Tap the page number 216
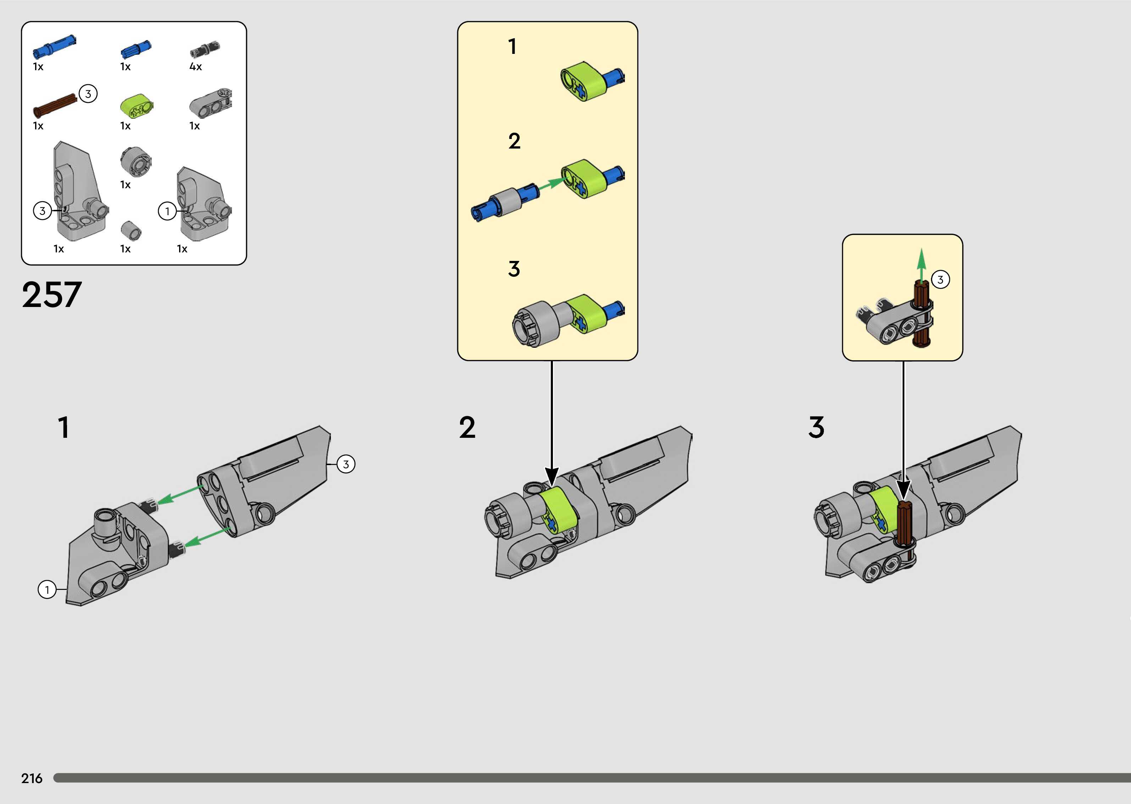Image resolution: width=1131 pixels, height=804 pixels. coord(32,778)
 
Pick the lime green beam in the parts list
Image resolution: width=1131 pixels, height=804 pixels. coord(136,105)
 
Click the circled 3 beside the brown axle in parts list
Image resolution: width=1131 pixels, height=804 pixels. coord(88,94)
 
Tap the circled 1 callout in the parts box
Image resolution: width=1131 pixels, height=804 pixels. coord(167,211)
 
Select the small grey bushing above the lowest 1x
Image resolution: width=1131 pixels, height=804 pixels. coord(131,230)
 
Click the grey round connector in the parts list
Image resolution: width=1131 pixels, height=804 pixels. coord(135,161)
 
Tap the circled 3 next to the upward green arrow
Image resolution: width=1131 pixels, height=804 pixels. coord(940,280)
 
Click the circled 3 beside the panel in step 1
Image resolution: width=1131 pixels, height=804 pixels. coord(346,464)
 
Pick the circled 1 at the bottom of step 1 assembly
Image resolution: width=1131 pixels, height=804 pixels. coord(47,590)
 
